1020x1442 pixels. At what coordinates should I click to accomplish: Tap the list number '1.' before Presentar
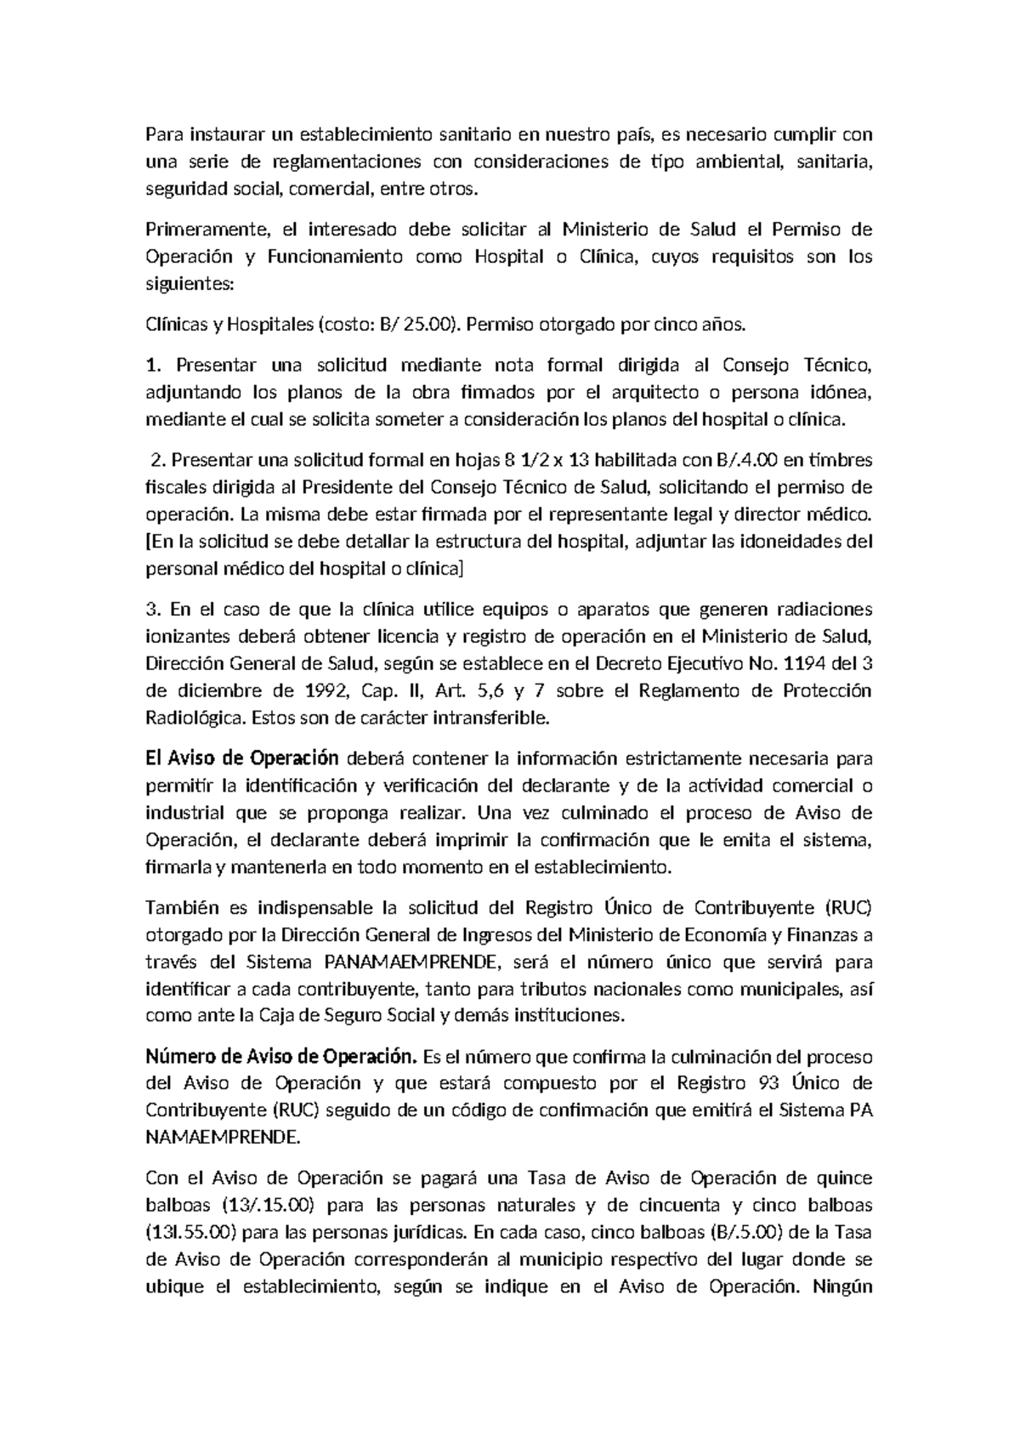click(153, 366)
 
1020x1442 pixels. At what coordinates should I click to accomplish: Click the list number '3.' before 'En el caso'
click(153, 609)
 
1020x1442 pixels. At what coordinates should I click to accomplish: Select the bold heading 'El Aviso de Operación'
click(242, 758)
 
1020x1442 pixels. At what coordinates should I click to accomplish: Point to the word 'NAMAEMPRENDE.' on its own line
click(223, 1137)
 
